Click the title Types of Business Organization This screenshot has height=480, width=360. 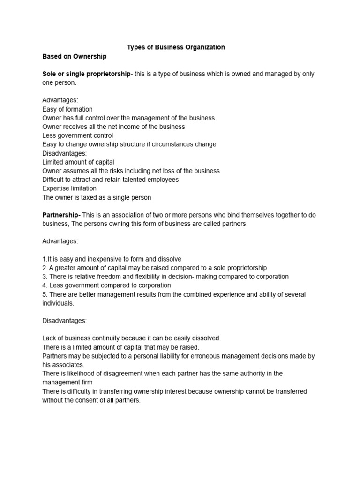tap(176, 47)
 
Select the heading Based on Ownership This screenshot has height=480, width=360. tap(75, 56)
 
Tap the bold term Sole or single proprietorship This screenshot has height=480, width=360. tap(86, 74)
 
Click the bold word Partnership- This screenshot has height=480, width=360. tap(61, 215)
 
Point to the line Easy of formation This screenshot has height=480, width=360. tap(67, 109)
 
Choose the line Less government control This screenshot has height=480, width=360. tap(78, 135)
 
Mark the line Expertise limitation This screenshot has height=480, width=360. tap(69, 188)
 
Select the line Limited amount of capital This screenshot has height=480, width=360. tap(78, 162)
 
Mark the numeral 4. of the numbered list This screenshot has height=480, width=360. tap(45, 285)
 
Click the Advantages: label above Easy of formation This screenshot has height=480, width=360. tap(60, 100)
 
